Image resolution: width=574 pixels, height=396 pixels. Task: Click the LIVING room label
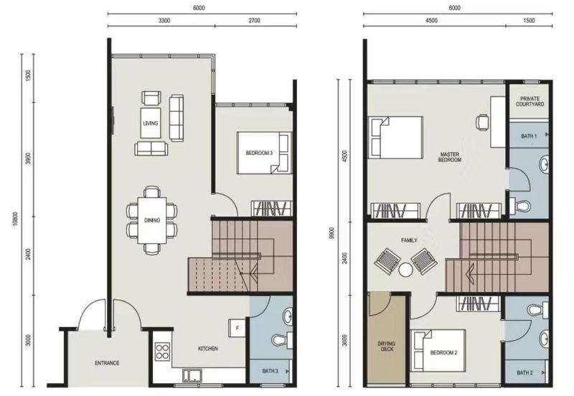click(151, 123)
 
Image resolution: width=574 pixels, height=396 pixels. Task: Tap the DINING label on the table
click(152, 220)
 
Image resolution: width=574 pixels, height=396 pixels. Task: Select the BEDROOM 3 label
click(259, 153)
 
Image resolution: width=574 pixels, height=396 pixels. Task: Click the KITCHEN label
click(208, 349)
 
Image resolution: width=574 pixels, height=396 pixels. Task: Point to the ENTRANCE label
click(107, 363)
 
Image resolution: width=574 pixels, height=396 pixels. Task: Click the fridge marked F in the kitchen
click(237, 328)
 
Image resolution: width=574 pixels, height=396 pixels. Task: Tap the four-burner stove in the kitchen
click(163, 352)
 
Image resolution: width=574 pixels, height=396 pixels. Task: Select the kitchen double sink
click(192, 376)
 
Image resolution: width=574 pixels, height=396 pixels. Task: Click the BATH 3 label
click(270, 371)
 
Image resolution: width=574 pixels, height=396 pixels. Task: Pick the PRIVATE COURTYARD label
click(530, 101)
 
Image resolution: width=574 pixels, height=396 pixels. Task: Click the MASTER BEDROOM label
click(450, 157)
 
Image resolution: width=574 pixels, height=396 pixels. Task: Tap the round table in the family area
click(405, 270)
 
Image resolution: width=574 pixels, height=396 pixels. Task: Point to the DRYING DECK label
click(387, 346)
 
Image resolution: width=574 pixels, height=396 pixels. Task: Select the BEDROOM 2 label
click(443, 353)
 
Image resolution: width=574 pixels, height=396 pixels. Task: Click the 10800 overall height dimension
click(15, 219)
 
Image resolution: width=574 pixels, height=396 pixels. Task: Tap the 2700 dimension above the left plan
click(255, 21)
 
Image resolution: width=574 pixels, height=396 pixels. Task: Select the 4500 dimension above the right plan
click(432, 21)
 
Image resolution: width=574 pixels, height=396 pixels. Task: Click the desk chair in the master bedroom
click(482, 121)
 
